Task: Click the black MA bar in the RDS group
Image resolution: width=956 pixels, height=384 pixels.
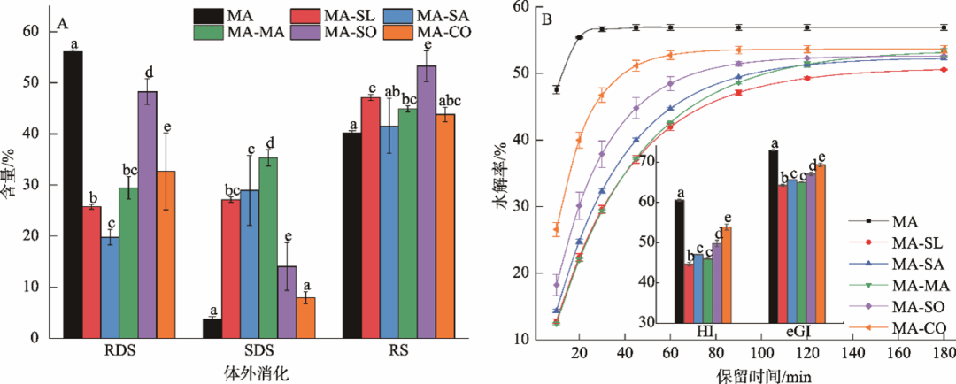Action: (73, 195)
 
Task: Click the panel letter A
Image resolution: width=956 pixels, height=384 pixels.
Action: (64, 24)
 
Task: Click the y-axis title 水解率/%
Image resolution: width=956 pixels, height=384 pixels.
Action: (501, 179)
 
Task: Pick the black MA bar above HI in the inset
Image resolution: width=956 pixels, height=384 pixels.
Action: (679, 260)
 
